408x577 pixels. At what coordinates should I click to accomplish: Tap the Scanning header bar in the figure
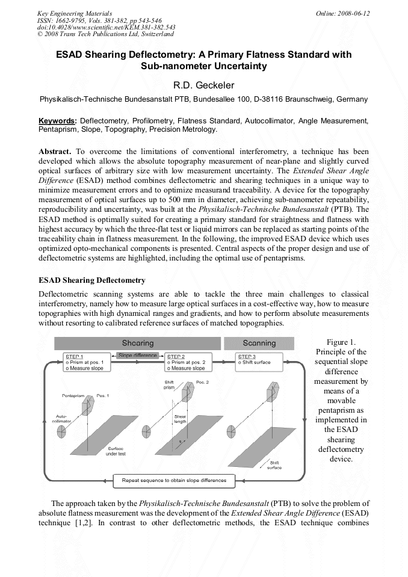(x=259, y=343)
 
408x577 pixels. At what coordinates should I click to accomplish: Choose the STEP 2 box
(x=189, y=362)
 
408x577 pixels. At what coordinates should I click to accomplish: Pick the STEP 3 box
(x=259, y=361)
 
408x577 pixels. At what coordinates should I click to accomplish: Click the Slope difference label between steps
(x=138, y=356)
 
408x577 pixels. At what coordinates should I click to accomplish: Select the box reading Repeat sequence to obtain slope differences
(x=174, y=480)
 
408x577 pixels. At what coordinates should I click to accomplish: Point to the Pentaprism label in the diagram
(x=73, y=396)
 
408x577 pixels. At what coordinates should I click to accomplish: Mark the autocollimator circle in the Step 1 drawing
(x=62, y=431)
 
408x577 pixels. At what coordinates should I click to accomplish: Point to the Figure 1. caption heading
(x=340, y=342)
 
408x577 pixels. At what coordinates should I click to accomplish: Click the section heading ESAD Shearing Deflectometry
(x=92, y=280)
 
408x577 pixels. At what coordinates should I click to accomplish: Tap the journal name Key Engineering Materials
(x=75, y=13)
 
